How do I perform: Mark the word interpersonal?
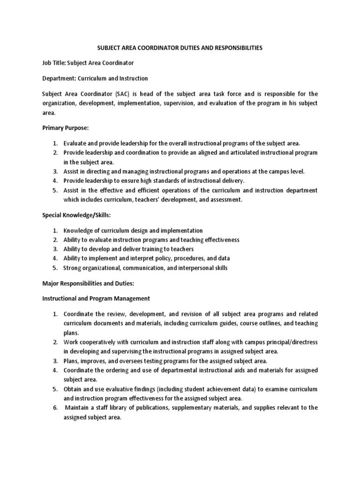click(x=192, y=268)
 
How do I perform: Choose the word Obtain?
click(x=74, y=389)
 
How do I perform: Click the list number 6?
click(x=54, y=407)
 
